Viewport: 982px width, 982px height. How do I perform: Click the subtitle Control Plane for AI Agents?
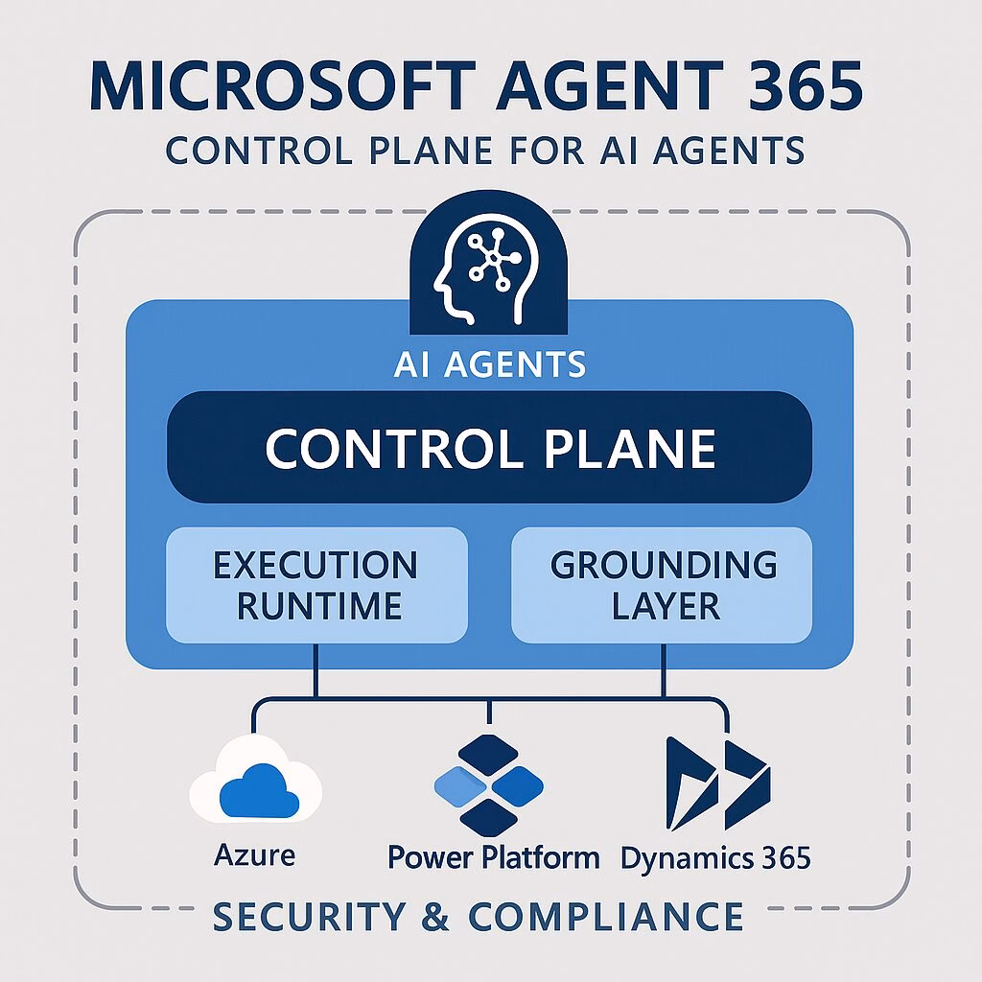484,151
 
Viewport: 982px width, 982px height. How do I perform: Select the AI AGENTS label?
489,364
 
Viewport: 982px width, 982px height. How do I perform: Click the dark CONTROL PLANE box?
489,447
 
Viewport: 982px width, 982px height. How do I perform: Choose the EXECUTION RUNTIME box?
316,585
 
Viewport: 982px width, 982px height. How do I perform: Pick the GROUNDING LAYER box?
663,585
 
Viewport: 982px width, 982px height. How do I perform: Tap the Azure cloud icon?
255,783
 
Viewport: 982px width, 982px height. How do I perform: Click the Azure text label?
255,853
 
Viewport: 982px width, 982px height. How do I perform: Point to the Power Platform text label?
494,855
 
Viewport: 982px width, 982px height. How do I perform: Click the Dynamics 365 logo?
717,782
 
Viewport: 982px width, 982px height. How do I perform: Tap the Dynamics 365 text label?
715,855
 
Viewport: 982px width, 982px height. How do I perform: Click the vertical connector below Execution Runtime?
316,671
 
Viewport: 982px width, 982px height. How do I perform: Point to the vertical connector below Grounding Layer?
663,671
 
